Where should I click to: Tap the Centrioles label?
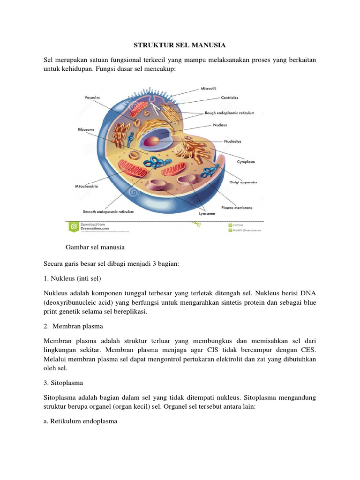pos(229,98)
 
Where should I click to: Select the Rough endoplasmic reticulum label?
pos(229,113)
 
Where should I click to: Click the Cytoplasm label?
pos(246,162)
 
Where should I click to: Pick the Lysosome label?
pos(208,213)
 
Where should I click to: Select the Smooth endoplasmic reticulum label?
pos(108,212)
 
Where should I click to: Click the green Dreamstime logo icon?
pos(74,227)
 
